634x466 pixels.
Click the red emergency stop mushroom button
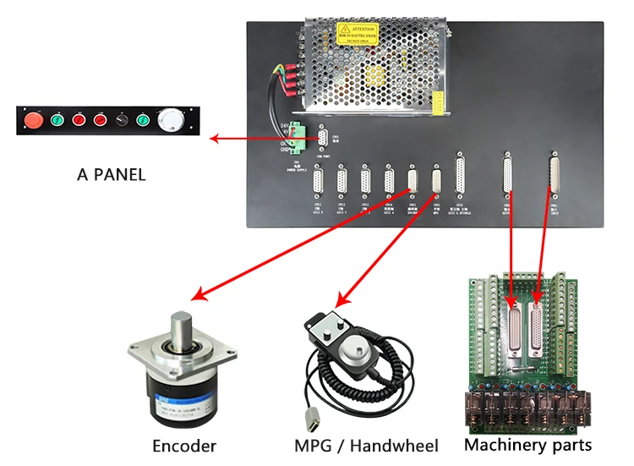[36, 120]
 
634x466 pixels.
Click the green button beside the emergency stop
[57, 120]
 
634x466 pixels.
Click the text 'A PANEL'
[111, 175]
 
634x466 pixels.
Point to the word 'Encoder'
[184, 446]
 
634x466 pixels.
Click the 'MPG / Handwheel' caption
[366, 446]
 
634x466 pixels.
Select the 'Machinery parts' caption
[528, 445]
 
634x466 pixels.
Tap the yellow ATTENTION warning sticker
[356, 33]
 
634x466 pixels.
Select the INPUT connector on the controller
[555, 177]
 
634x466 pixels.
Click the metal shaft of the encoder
[183, 326]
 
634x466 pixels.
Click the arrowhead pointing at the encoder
[197, 296]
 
